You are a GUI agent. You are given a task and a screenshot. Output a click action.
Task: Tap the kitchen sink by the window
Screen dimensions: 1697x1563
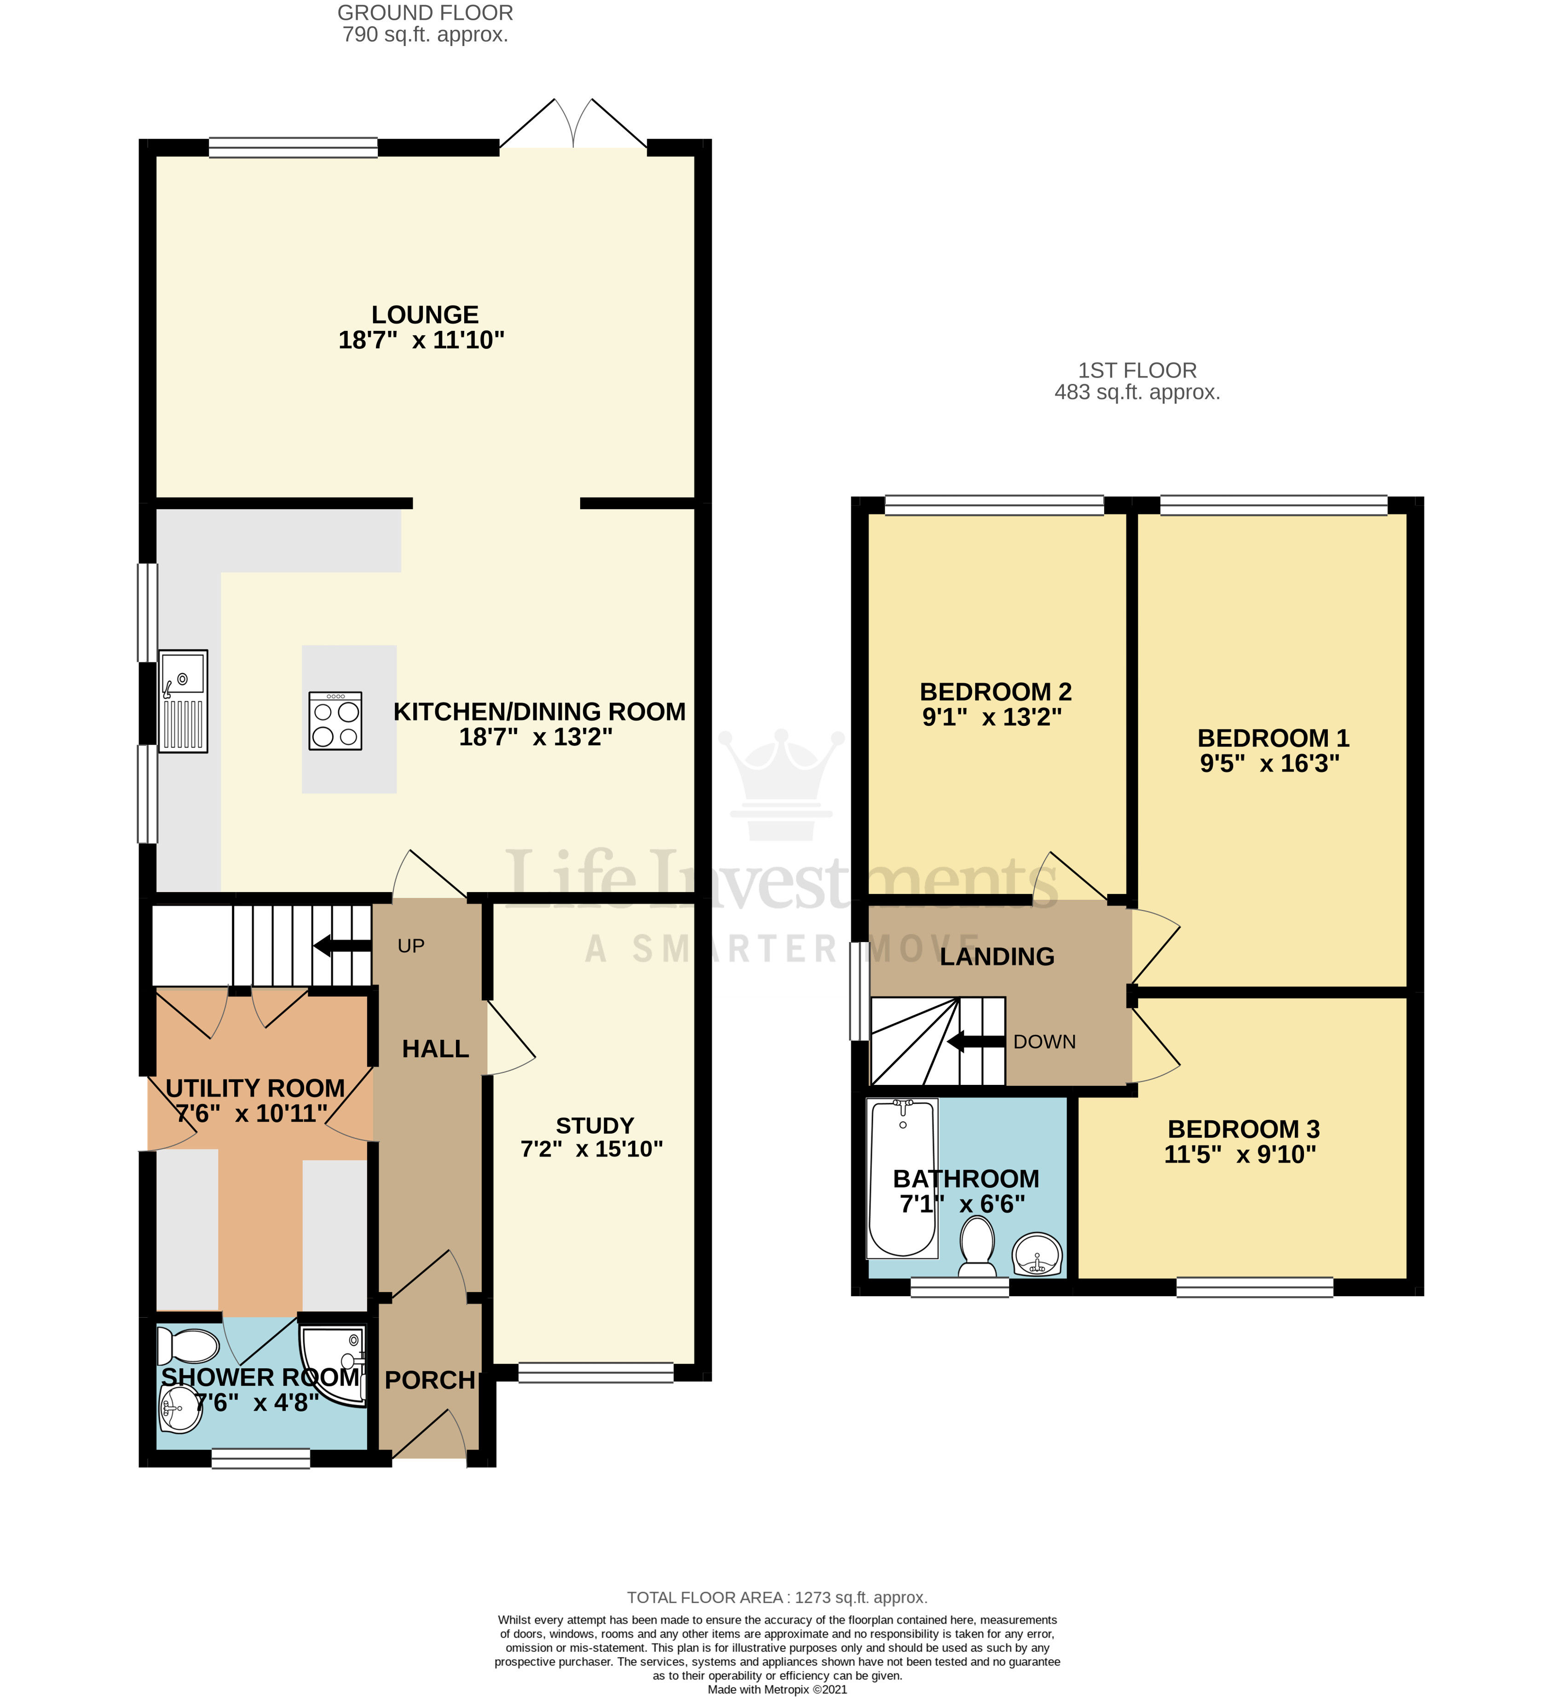(183, 701)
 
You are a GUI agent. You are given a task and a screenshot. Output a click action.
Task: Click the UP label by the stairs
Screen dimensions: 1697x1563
(411, 946)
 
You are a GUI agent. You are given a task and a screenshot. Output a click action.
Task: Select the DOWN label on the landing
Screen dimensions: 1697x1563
(1044, 1042)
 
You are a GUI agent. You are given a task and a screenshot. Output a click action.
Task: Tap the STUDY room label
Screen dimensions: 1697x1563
(594, 1125)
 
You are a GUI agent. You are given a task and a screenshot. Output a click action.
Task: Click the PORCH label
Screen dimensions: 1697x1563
(430, 1380)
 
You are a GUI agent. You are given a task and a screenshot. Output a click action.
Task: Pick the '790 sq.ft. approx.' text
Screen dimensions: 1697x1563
(426, 35)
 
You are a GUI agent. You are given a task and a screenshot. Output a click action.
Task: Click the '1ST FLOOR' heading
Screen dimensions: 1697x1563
(1137, 371)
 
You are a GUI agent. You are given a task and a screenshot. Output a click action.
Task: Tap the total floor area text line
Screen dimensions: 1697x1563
(776, 1597)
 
